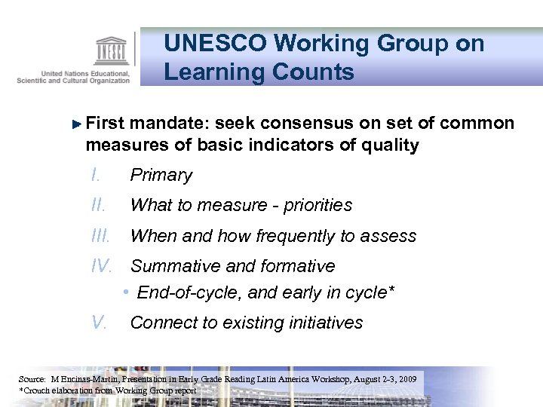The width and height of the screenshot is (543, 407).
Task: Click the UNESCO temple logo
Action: tap(111, 50)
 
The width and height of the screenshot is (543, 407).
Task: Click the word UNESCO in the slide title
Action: tap(213, 44)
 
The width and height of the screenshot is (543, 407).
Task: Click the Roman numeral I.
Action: tap(94, 175)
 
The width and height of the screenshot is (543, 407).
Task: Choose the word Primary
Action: tap(161, 176)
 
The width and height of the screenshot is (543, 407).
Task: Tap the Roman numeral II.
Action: tap(97, 205)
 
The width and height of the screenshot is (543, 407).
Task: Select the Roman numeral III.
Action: tap(100, 236)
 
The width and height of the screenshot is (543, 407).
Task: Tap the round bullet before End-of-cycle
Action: tap(129, 292)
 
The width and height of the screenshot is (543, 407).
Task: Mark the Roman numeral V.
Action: tap(97, 323)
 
